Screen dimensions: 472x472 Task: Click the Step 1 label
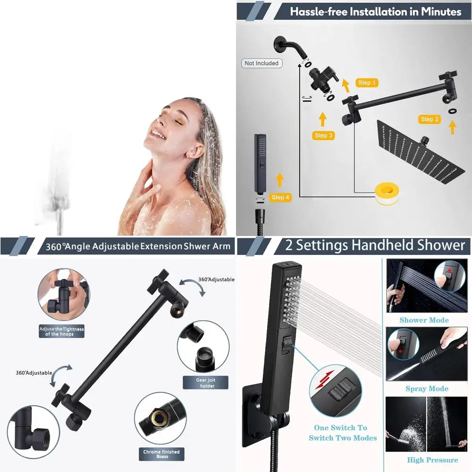(x=367, y=83)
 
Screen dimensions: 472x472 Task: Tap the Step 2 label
(x=430, y=119)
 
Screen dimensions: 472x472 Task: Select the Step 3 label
(x=324, y=135)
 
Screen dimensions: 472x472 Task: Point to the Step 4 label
(x=281, y=197)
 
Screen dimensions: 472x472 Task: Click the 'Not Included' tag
(x=261, y=63)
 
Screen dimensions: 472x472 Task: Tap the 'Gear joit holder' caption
(x=205, y=382)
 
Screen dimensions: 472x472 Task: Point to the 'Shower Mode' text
(x=424, y=320)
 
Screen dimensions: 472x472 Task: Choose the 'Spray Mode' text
(x=427, y=389)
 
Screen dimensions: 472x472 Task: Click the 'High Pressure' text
(x=432, y=460)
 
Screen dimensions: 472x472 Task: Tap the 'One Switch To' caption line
(x=340, y=428)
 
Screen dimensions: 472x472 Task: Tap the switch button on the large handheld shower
(x=285, y=344)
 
